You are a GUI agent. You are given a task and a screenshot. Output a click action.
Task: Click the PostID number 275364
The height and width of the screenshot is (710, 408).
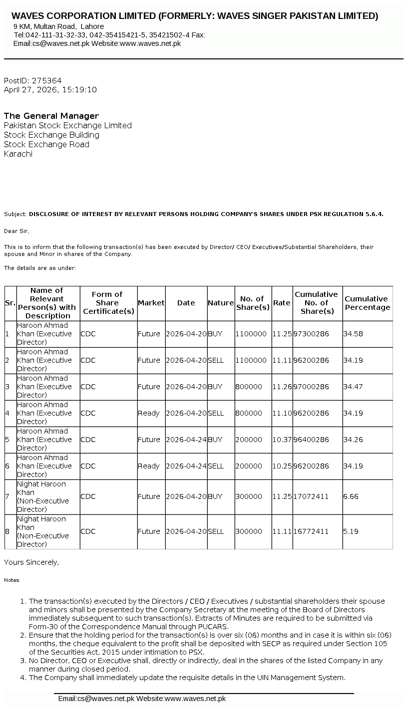46,80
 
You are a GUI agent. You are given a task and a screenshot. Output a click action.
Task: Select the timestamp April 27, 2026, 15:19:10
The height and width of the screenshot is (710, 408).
50,90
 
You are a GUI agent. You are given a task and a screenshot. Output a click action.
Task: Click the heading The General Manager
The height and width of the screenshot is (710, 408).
51,116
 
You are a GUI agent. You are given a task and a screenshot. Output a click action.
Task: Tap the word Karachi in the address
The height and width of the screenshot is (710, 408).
18,154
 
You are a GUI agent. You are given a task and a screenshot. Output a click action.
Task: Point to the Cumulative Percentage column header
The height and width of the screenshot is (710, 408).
367,303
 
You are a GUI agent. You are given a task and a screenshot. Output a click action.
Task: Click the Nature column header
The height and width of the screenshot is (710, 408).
221,303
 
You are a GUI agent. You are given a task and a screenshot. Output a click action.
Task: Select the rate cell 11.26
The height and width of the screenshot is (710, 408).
282,387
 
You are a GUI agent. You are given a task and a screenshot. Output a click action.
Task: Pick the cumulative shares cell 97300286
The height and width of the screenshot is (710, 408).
311,334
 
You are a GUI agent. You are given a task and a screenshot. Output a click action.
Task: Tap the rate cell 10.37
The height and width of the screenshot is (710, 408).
282,440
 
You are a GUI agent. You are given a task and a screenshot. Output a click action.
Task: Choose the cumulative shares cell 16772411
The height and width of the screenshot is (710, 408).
311,531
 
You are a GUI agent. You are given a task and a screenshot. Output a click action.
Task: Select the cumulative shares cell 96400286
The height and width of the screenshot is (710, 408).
311,440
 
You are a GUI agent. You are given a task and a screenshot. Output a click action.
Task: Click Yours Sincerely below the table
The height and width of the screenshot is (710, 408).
31,562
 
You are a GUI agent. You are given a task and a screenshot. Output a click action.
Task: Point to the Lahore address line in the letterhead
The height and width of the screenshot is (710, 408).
59,26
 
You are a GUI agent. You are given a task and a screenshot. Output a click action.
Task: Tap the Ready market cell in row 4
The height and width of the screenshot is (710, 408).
148,413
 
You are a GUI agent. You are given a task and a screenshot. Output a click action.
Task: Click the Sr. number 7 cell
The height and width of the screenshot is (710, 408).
7,496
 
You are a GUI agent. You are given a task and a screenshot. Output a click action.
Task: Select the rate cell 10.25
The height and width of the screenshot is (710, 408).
282,466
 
